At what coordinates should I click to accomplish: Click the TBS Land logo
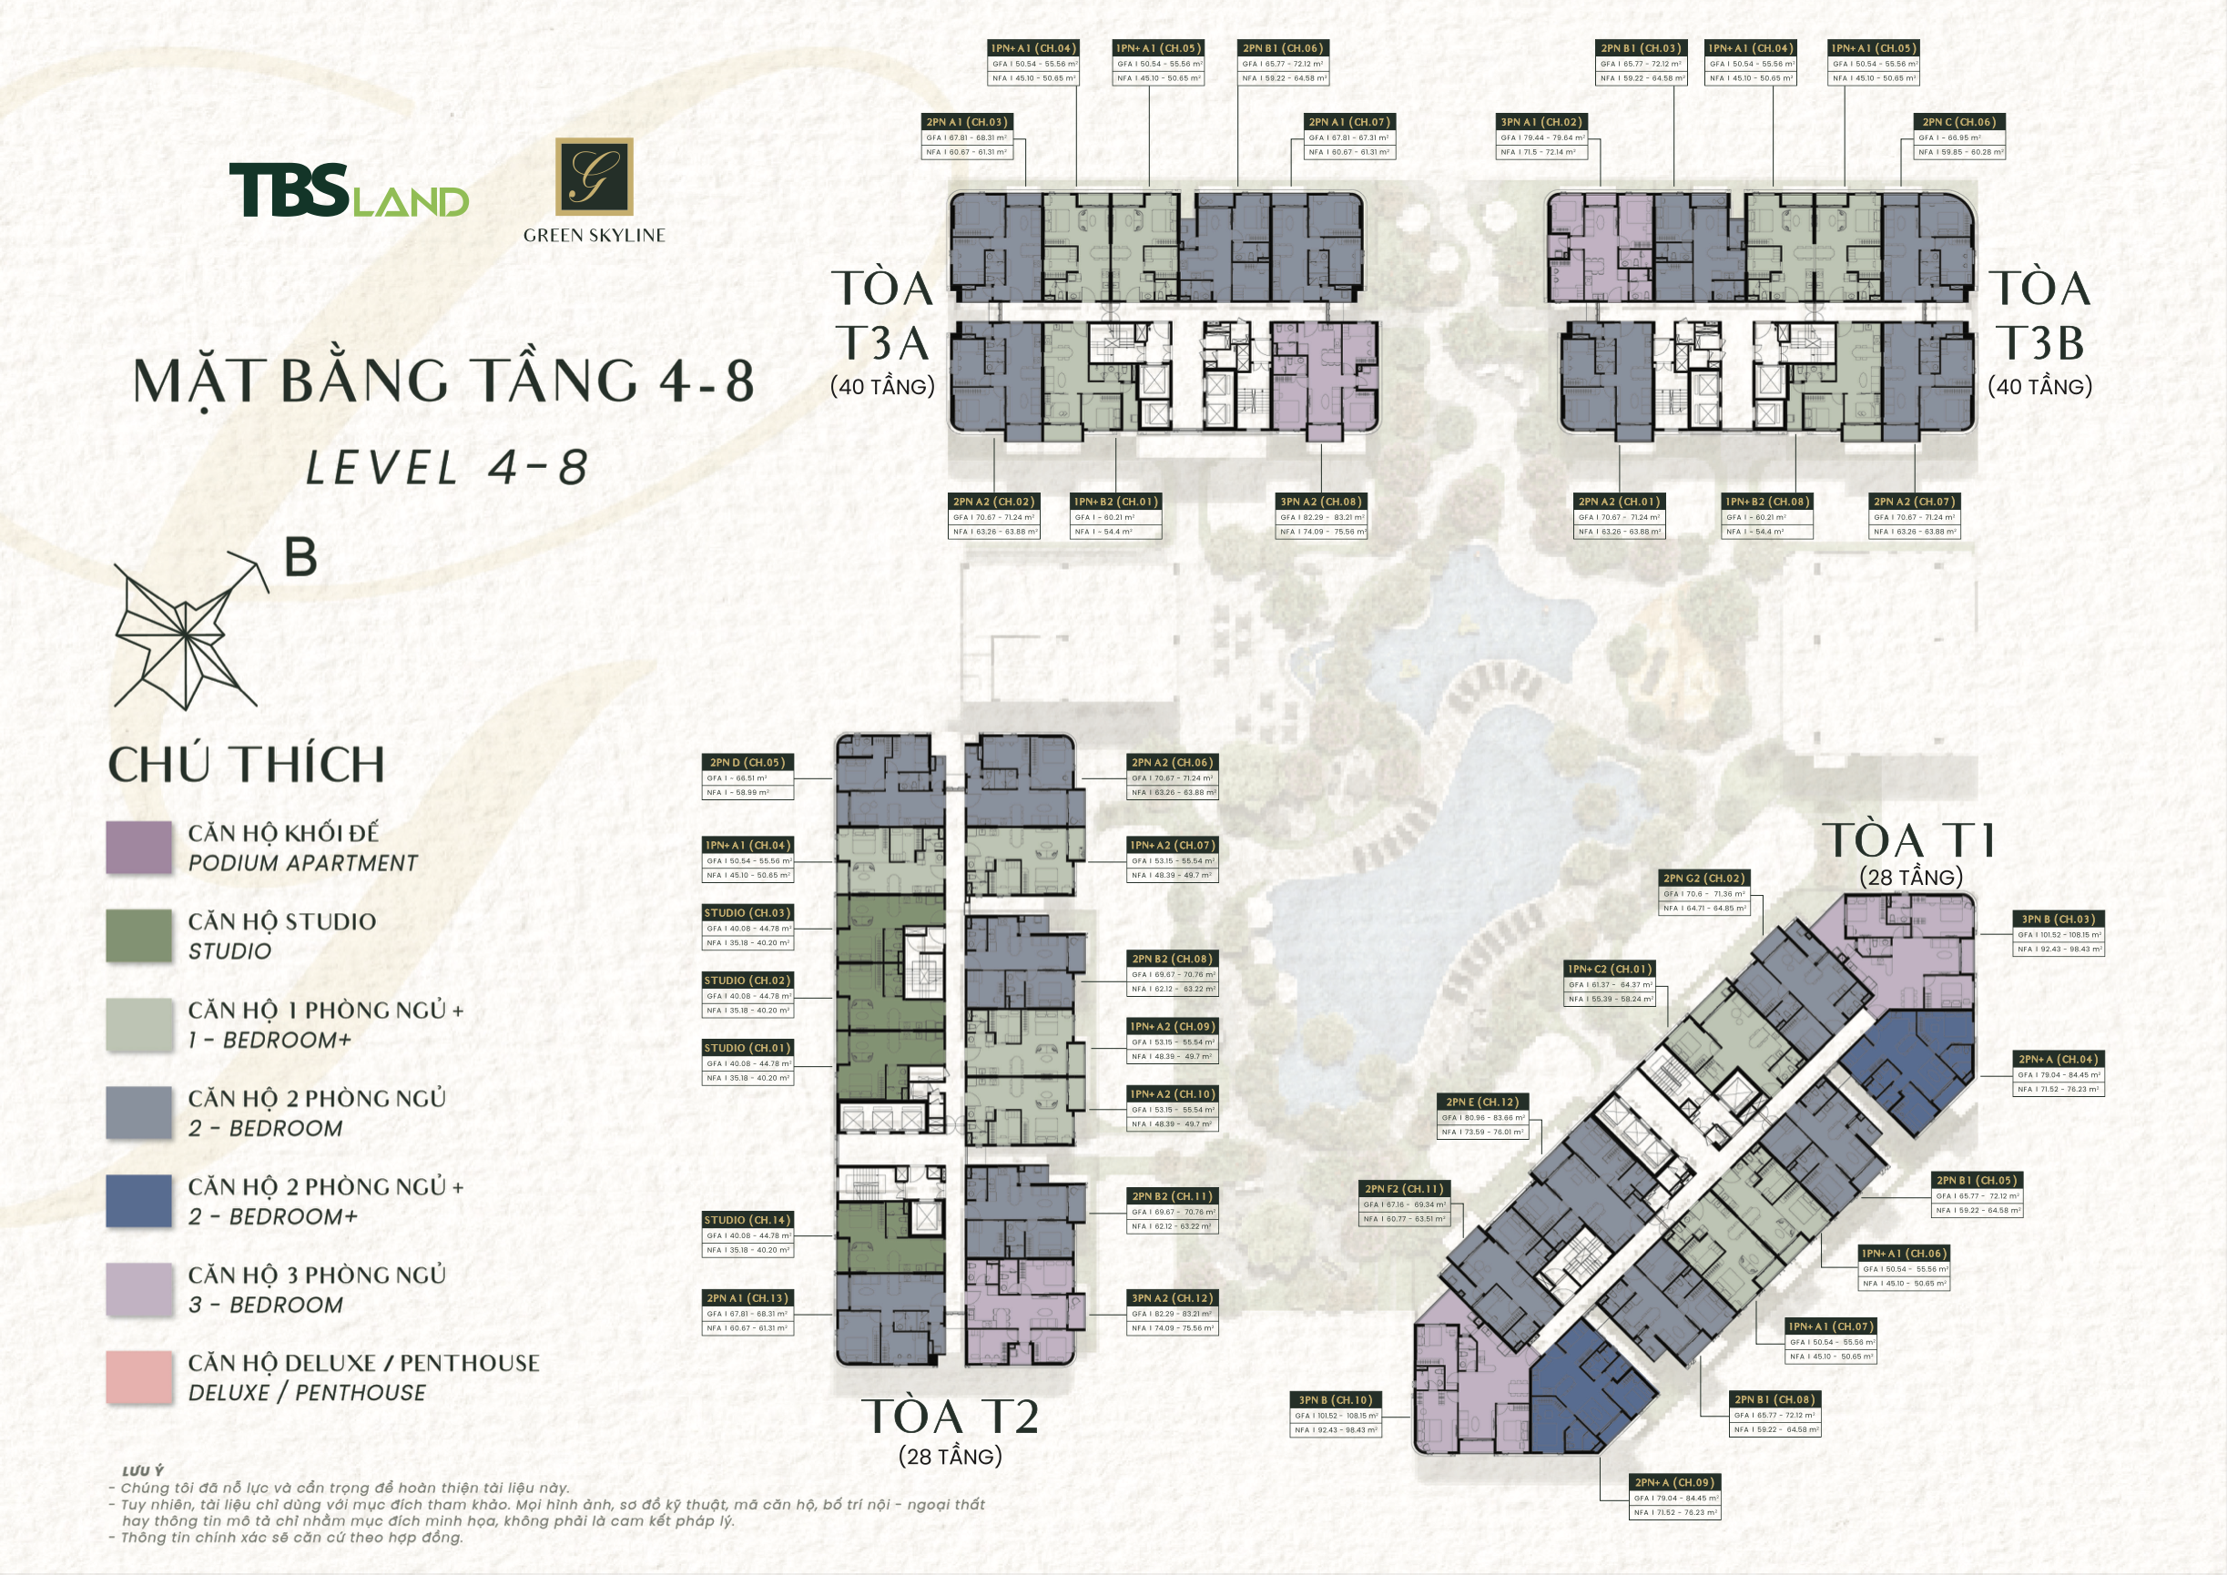[x=348, y=190]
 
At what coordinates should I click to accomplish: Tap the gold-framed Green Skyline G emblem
[x=594, y=176]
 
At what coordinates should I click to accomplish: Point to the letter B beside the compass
[x=300, y=559]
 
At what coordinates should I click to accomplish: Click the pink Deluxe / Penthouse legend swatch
[x=138, y=1377]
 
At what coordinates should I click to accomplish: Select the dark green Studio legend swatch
[x=138, y=936]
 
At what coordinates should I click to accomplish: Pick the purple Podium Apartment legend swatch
[x=138, y=848]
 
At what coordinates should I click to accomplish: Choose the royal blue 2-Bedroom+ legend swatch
[x=138, y=1201]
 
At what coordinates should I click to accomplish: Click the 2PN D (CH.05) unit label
[x=747, y=762]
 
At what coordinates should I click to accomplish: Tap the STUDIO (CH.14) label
[x=747, y=1220]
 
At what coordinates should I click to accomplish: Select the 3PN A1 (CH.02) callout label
[x=1541, y=122]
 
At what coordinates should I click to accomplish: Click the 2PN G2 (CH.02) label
[x=1703, y=879]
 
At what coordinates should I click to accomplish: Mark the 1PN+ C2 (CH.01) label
[x=1609, y=969]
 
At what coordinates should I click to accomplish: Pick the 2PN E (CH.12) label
[x=1482, y=1102]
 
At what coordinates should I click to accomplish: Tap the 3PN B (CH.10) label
[x=1336, y=1400]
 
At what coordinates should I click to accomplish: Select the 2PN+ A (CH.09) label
[x=1674, y=1482]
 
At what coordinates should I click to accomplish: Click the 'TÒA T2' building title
[x=950, y=1417]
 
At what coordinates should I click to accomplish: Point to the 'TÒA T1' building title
[x=1910, y=841]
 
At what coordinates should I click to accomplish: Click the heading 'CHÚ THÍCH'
[x=247, y=765]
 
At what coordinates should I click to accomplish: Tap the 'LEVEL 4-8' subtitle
[x=447, y=469]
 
